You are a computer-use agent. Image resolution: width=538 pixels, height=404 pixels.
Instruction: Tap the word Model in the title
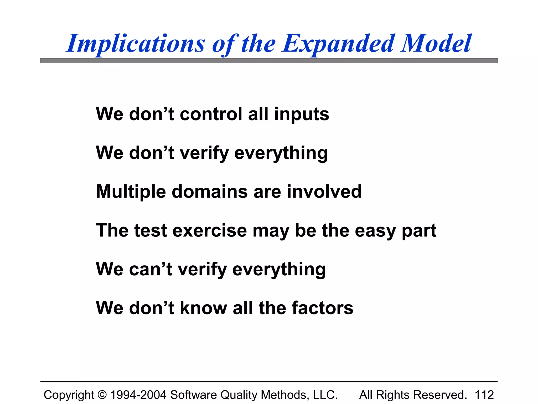(436, 43)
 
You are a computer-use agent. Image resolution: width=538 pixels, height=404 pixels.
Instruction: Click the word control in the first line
(211, 114)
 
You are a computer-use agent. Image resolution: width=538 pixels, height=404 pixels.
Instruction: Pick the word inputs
(302, 115)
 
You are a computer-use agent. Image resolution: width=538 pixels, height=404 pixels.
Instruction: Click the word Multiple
(131, 192)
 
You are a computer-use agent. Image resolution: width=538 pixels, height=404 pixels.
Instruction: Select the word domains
(210, 191)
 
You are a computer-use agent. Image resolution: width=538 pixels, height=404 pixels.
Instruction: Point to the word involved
(324, 191)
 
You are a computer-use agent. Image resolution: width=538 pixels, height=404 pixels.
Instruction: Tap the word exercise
(210, 230)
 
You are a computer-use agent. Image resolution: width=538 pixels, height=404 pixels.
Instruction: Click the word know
(204, 308)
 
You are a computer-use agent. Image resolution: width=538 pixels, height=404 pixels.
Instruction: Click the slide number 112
(484, 395)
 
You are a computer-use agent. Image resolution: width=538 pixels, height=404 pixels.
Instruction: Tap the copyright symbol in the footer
(102, 395)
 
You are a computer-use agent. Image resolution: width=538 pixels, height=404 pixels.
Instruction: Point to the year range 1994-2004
(138, 395)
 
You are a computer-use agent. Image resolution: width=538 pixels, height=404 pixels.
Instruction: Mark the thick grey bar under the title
(269, 60)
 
